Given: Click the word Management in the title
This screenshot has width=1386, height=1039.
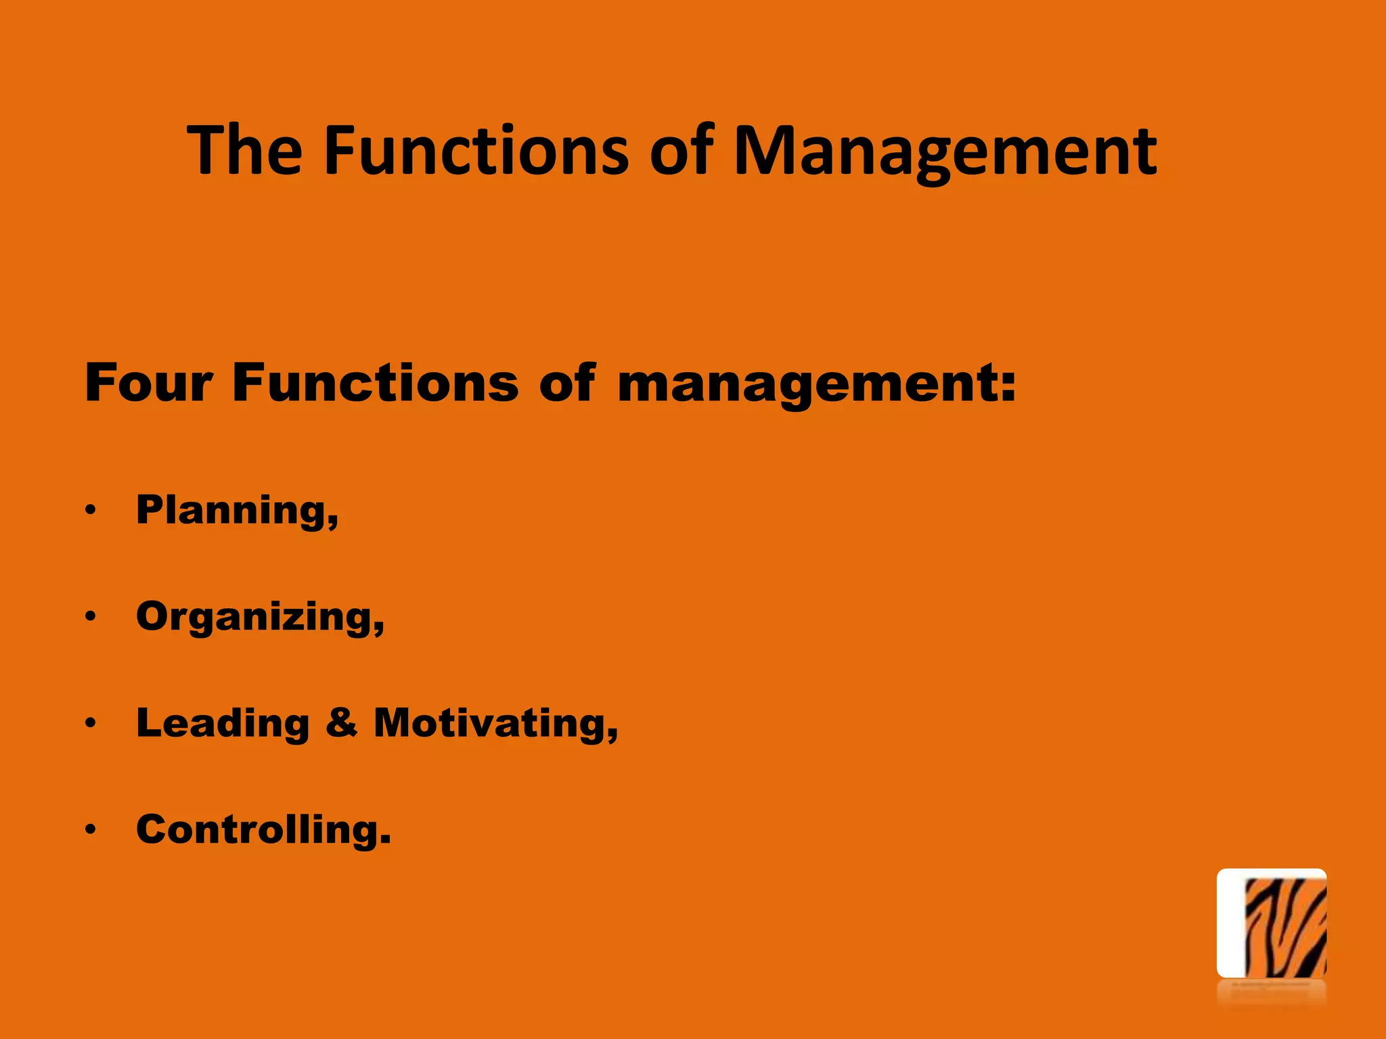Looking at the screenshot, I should coord(945,152).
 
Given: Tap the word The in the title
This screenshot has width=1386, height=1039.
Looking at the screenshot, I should coord(245,150).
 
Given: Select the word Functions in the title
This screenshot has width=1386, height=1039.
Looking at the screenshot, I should coord(476,150).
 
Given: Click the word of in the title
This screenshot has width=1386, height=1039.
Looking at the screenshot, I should coord(681,150).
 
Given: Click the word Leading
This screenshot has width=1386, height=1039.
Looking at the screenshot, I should coord(223,724).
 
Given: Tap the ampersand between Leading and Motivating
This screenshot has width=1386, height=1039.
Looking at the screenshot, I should coord(342,722).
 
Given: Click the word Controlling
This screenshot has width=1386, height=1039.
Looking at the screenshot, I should coord(258,830).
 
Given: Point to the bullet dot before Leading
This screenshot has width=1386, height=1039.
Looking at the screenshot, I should coord(91,723).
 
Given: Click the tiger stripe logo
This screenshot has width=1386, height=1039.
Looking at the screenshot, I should coord(1271,923).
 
